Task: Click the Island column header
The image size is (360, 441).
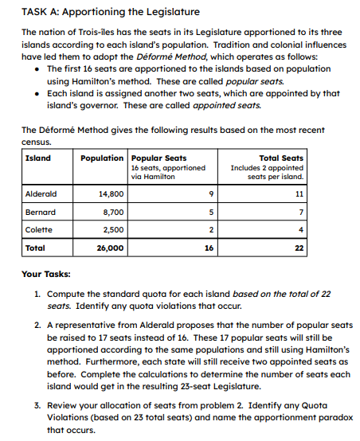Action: point(37,158)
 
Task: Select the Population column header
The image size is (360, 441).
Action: point(102,158)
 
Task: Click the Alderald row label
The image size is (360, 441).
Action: point(41,193)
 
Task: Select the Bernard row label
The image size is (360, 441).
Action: point(41,212)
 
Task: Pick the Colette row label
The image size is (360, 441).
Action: point(39,230)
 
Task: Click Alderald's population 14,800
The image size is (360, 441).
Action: point(110,193)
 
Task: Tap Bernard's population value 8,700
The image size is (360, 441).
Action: point(112,212)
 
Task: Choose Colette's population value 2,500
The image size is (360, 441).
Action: point(112,230)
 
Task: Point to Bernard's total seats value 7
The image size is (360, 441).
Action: point(300,212)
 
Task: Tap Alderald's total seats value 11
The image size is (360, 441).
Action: point(299,193)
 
